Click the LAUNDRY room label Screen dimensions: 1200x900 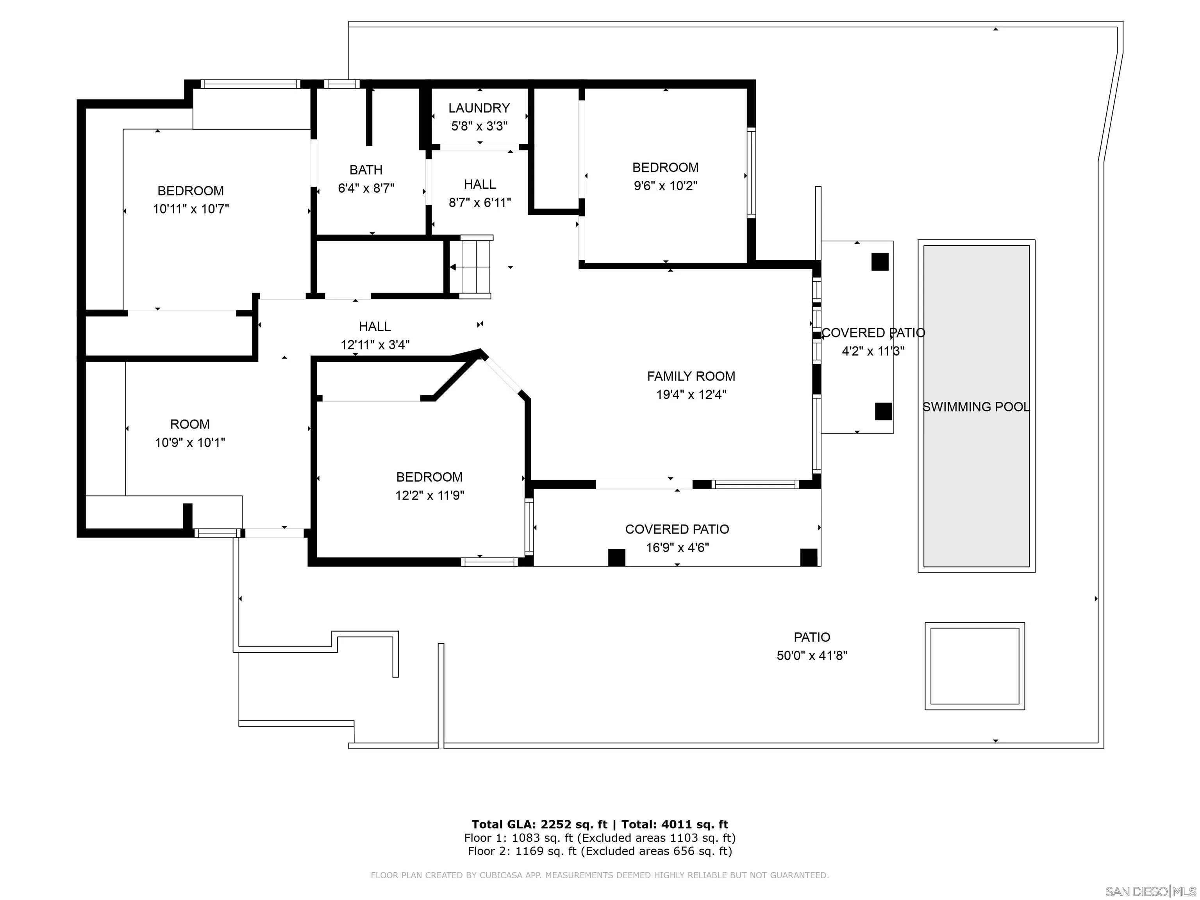479,108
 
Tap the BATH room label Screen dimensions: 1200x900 366,170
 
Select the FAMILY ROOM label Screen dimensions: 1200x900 691,376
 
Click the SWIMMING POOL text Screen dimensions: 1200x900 976,407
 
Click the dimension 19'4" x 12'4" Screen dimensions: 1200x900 691,395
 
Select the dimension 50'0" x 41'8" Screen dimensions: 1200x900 812,655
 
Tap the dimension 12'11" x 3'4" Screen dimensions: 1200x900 375,345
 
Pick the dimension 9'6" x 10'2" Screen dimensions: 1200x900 666,186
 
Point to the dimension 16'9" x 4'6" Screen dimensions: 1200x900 677,547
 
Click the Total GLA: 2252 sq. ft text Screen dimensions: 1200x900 540,825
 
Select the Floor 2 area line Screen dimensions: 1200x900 600,851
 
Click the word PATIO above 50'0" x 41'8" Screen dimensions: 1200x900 812,637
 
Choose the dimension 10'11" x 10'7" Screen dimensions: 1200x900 191,209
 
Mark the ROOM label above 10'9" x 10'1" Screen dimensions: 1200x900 190,424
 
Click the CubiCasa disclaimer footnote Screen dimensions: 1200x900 600,875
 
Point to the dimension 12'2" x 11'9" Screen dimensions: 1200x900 430,495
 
